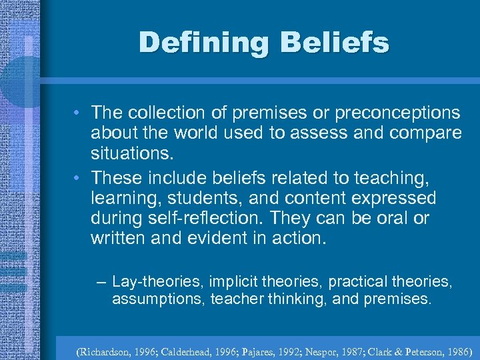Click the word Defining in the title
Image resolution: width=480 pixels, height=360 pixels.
click(203, 43)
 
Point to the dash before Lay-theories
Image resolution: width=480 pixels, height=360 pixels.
click(101, 283)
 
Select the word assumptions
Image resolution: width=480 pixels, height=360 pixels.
click(158, 300)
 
